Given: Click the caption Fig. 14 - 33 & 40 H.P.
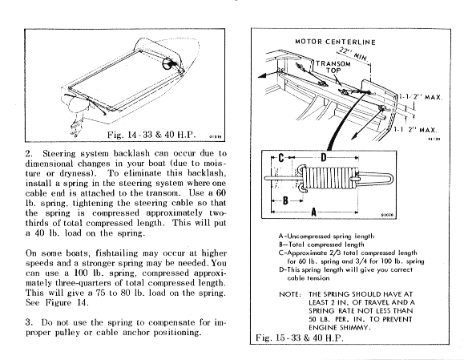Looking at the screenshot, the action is click(151, 135).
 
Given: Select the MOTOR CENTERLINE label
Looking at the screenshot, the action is click(335, 42).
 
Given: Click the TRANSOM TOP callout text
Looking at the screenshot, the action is click(333, 67).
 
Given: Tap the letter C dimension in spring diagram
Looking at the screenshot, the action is click(281, 158).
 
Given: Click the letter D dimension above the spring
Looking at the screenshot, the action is click(324, 157).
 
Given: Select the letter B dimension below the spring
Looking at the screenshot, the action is click(285, 200).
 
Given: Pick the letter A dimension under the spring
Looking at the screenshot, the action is click(314, 212).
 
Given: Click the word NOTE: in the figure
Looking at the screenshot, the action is click(290, 294).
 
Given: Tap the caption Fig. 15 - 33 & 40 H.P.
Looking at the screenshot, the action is click(300, 338).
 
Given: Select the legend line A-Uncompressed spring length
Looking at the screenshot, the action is click(326, 237).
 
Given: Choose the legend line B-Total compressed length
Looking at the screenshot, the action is click(321, 245).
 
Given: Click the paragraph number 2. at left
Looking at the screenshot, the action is click(29, 154).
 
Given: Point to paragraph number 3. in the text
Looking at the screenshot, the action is click(29, 322).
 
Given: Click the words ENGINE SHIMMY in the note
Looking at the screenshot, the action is click(340, 328).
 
